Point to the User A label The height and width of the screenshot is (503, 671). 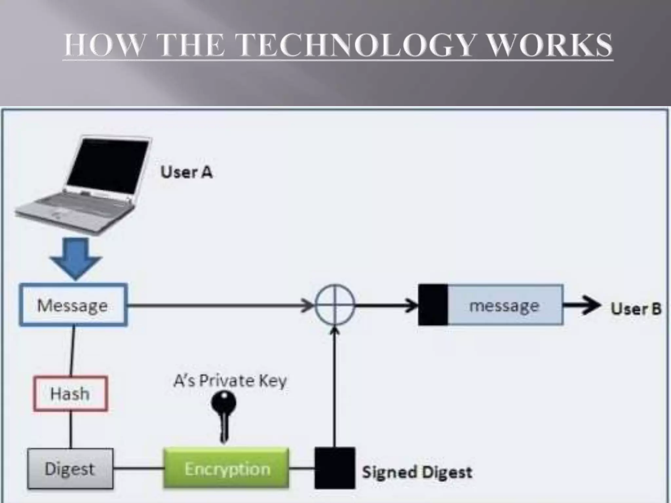[x=186, y=172]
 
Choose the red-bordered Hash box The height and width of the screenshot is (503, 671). [x=70, y=393]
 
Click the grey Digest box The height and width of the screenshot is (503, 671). [x=70, y=469]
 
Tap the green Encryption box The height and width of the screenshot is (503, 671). [x=226, y=469]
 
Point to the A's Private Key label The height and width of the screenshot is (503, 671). [x=230, y=381]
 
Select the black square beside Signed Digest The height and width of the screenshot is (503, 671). [x=335, y=468]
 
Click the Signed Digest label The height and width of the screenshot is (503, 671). [x=417, y=472]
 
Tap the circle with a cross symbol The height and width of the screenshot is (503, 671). [x=335, y=305]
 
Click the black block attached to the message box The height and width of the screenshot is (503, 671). [x=433, y=305]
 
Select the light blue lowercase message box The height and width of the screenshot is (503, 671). [x=505, y=305]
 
